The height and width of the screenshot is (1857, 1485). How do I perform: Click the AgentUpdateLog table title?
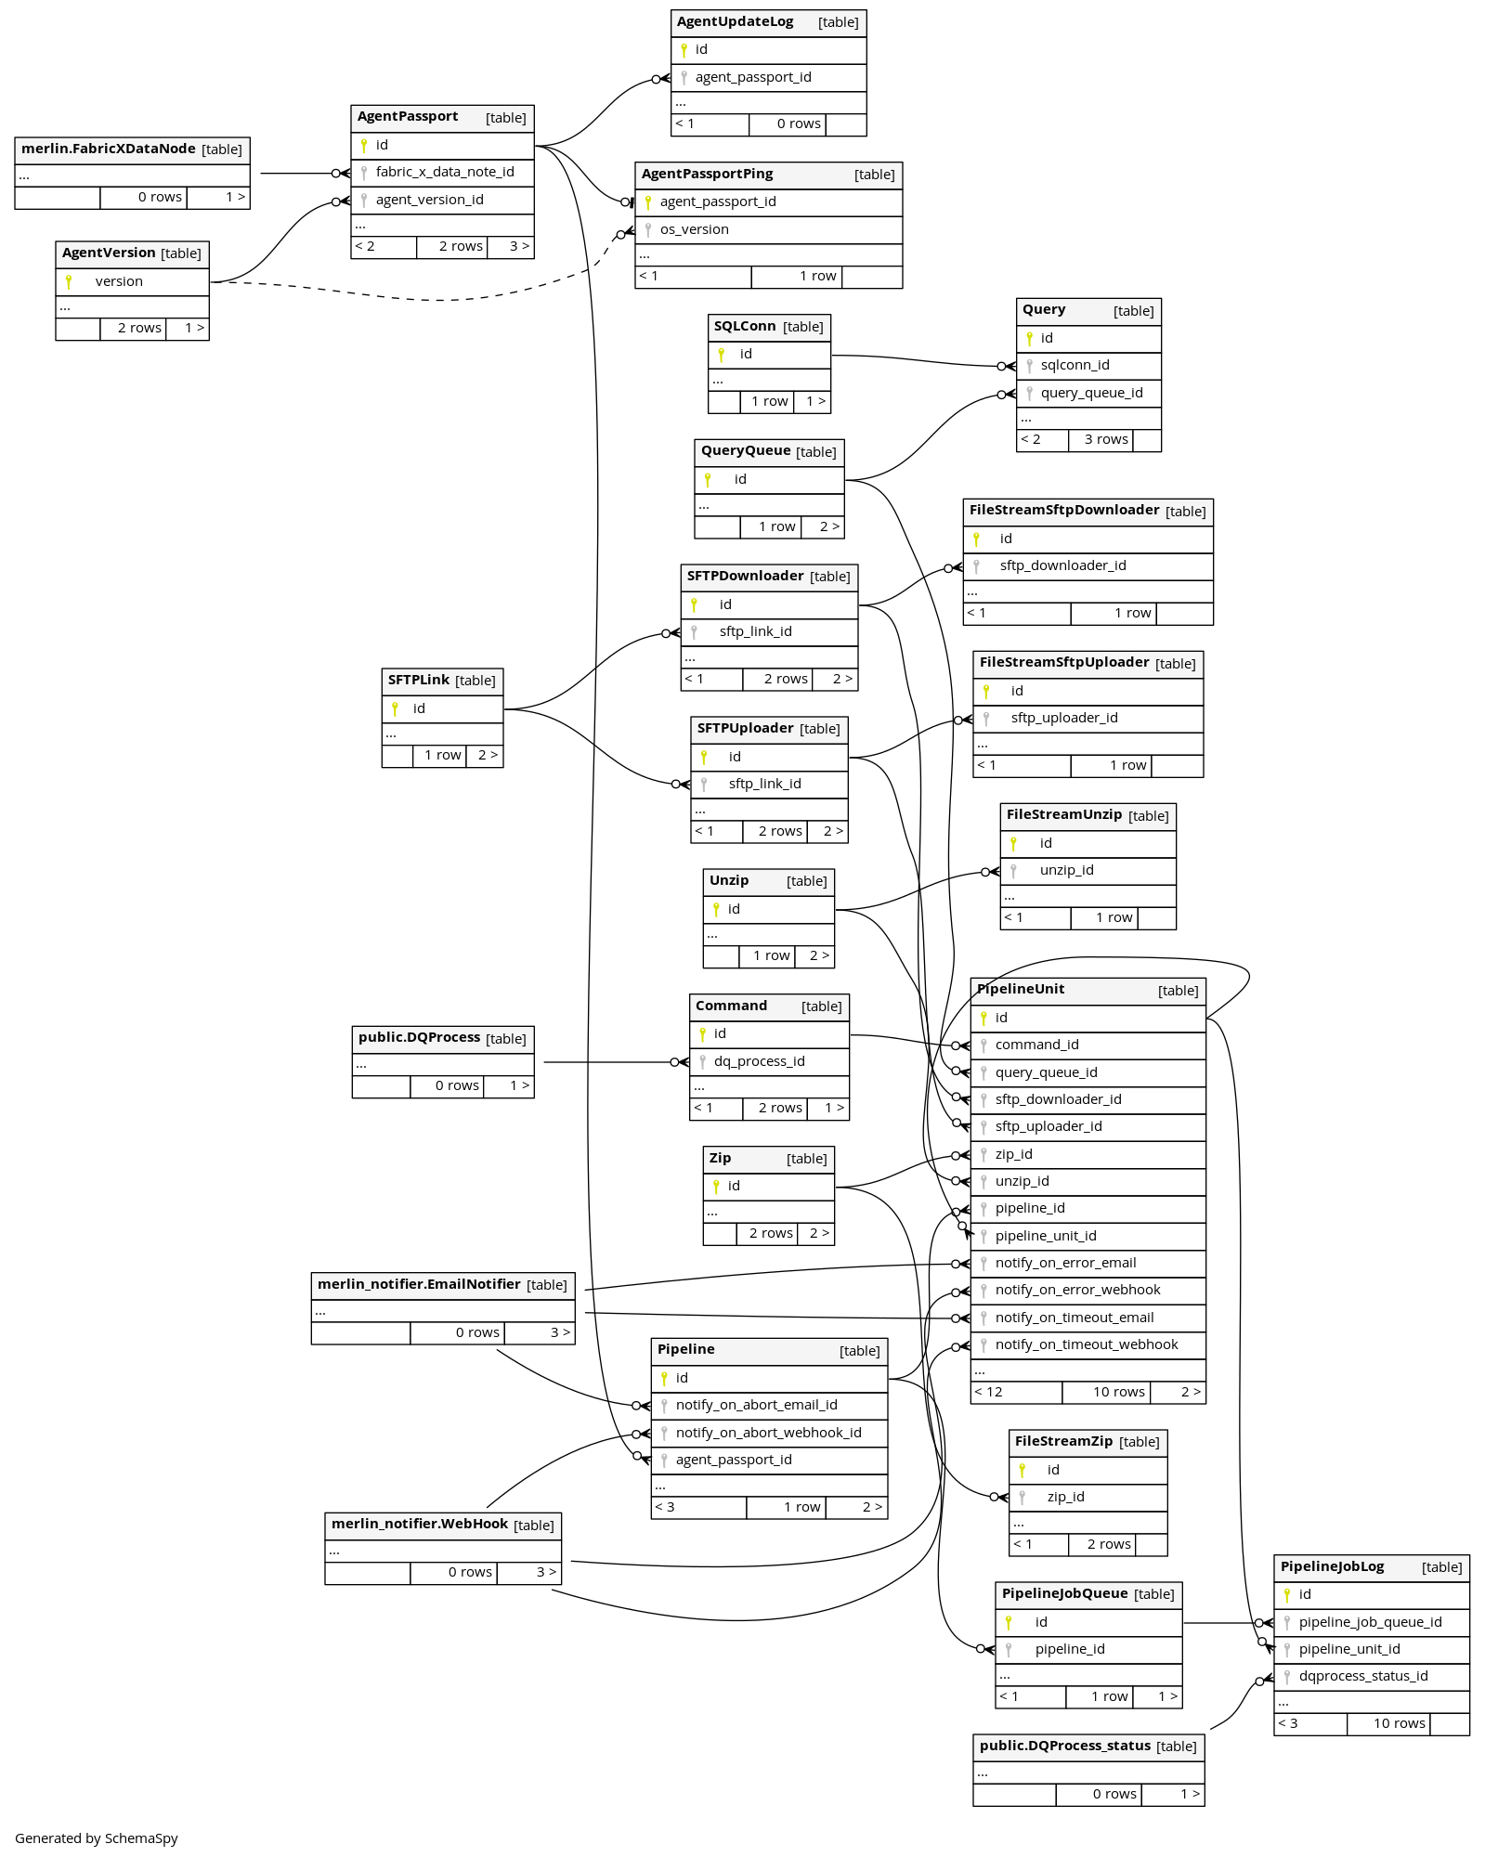coord(735,22)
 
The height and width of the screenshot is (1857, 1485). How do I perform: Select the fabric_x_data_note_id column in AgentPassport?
coord(445,172)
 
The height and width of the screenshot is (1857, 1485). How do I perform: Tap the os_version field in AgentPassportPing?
coord(694,229)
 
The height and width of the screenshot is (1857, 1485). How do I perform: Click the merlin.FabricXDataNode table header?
coord(109,149)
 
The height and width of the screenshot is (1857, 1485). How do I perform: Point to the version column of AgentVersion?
coord(119,281)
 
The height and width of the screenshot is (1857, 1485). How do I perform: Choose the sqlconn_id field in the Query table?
coord(1075,365)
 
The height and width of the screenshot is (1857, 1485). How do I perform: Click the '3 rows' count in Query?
coord(1106,439)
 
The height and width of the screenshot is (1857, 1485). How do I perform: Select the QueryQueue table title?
coord(746,451)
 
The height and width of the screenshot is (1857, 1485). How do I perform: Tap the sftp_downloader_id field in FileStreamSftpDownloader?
coord(1062,565)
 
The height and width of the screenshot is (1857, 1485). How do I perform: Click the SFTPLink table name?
coord(419,681)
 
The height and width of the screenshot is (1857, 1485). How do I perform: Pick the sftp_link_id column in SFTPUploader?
coord(764,784)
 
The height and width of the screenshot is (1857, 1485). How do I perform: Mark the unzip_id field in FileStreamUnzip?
coord(1066,870)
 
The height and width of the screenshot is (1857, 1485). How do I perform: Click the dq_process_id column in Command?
coord(759,1061)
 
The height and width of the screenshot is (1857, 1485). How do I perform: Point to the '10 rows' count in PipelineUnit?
coord(1118,1392)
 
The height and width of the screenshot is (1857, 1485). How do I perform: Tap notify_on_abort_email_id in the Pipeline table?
coord(756,1405)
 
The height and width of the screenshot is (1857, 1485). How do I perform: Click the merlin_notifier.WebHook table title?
coord(420,1525)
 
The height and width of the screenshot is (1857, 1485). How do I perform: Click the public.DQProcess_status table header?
coord(1065,1746)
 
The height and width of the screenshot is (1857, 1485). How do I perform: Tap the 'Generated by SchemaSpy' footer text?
coord(97,1838)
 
